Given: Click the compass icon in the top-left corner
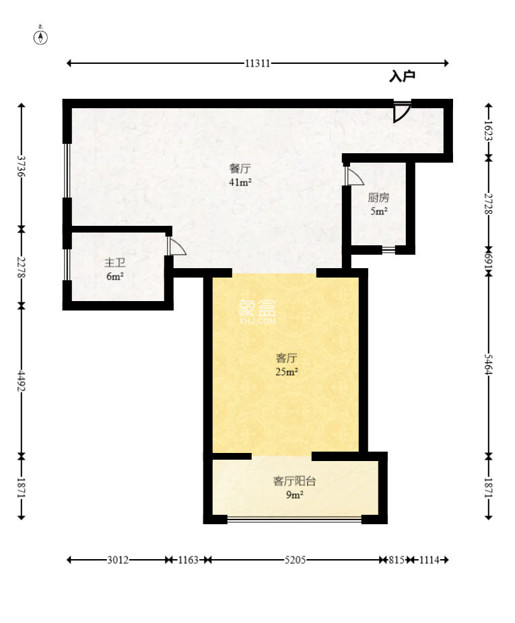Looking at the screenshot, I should tap(41, 37).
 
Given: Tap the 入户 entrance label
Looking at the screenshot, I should tap(402, 77).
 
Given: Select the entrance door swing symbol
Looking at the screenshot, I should tap(401, 114).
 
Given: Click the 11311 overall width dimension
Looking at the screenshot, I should tap(258, 64).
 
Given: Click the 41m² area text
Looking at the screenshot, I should tap(240, 182).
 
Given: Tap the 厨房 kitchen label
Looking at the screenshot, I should tap(378, 198).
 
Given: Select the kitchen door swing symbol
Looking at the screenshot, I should tap(354, 176).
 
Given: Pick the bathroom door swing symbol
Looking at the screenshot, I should tap(176, 247).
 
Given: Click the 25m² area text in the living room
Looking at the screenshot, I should tap(287, 372).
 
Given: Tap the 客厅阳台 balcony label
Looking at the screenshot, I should tap(294, 481).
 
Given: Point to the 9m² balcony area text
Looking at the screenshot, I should tap(294, 495).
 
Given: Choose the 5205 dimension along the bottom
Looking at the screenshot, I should tap(295, 560).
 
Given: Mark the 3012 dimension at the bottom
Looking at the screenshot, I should tap(117, 560).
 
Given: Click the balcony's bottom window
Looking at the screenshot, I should tap(294, 518).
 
